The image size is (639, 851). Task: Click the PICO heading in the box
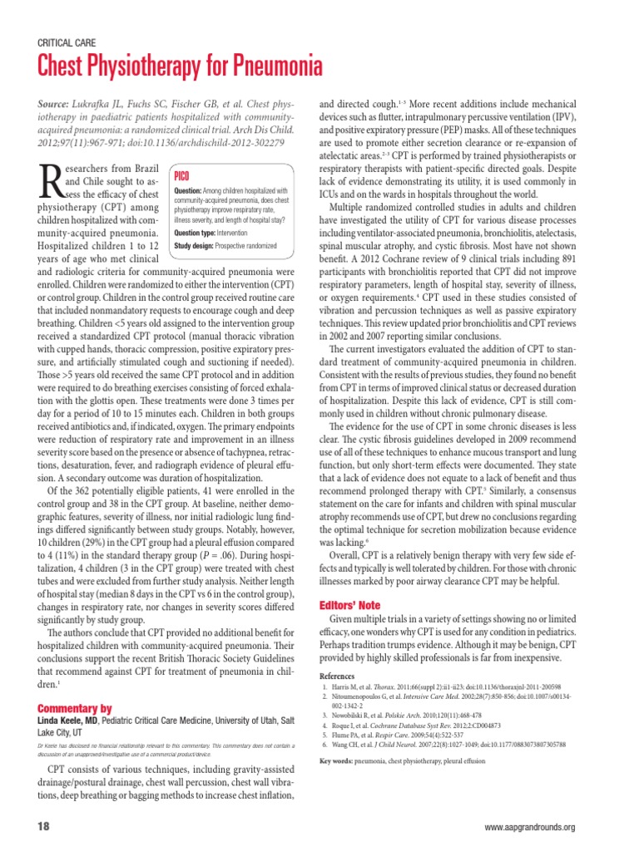[x=185, y=175]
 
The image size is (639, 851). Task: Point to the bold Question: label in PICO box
[x=188, y=191]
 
